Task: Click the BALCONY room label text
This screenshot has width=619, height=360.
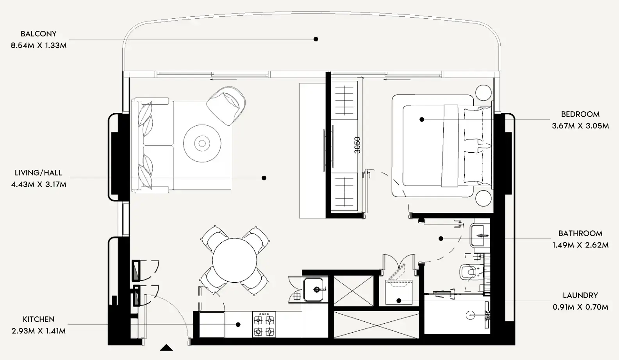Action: pos(39,34)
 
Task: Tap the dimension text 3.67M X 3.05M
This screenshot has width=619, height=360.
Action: pos(580,126)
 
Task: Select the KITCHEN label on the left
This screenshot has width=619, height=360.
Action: pos(39,319)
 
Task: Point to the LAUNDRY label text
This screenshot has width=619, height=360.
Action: pos(580,296)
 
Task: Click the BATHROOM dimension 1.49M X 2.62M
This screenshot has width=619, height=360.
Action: pos(580,245)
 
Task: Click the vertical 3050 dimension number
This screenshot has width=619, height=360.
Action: pos(357,145)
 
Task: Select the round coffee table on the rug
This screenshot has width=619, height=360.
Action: pos(202,143)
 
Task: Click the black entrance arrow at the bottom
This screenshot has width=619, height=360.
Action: pos(167,348)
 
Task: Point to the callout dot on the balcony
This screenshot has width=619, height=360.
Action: pos(316,39)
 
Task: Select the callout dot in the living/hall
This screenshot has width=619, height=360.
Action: pos(264,178)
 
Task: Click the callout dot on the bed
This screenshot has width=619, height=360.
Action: pos(422,119)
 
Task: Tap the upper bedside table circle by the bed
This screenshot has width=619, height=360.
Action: pos(483,93)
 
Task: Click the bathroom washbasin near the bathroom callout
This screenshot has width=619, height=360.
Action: pos(479,235)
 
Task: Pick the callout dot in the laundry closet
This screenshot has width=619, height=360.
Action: pos(399,301)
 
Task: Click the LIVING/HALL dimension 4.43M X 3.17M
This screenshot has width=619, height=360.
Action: pos(39,185)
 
